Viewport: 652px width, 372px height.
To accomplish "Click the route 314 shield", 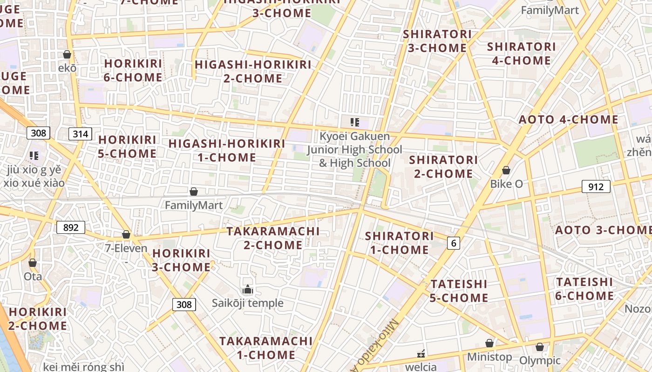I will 80,134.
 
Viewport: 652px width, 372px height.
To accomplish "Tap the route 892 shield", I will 71,227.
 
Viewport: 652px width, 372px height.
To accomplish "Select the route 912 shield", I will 596,187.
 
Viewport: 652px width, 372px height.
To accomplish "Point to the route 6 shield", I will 454,243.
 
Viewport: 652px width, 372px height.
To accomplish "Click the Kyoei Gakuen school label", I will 354,150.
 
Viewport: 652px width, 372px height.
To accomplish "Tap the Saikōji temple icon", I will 248,290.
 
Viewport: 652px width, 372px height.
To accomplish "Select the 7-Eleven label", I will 126,248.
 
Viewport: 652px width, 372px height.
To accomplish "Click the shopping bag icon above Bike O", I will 506,171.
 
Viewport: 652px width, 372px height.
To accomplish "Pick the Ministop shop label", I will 489,357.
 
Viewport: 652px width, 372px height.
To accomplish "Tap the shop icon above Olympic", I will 540,347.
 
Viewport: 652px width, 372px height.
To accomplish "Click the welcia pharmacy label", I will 421,366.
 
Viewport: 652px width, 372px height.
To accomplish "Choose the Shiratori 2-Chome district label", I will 443,166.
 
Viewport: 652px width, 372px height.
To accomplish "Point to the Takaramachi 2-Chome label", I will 273,238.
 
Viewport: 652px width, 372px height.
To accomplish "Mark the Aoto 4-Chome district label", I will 569,120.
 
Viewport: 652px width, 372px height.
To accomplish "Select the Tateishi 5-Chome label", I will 459,291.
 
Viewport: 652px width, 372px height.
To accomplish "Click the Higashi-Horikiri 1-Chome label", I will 227,150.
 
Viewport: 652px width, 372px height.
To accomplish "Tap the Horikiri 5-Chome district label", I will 127,146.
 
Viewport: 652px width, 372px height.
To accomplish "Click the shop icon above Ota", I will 33,263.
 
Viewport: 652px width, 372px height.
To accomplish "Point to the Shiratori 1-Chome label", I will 399,243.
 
